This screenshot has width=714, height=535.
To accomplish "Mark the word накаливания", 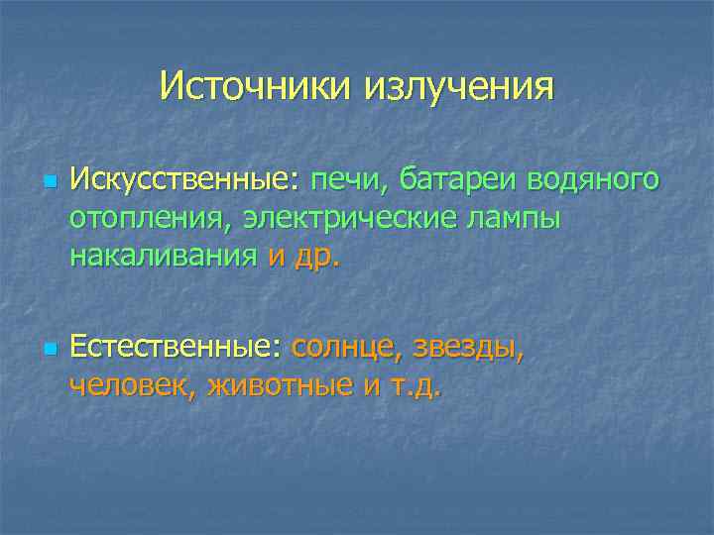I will (x=164, y=256).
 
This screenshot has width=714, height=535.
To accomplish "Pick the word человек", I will (x=133, y=385).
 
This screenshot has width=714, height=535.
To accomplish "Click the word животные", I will (x=280, y=385).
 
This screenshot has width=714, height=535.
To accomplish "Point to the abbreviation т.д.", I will (x=416, y=385).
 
